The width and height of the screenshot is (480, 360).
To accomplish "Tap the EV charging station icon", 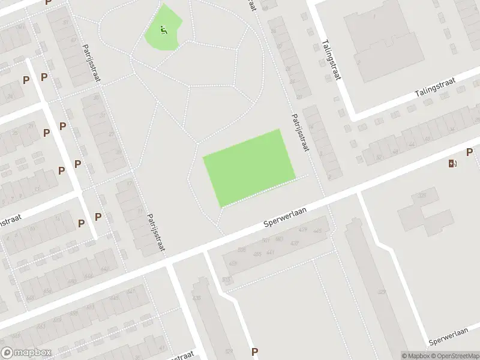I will click(x=452, y=163).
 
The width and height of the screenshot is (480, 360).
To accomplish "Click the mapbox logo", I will click(x=26, y=353).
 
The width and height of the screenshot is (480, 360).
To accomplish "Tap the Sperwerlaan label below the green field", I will click(x=285, y=217).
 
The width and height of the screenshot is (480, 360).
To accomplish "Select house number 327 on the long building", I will click(x=382, y=292).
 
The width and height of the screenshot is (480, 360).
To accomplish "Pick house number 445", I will click(x=317, y=231).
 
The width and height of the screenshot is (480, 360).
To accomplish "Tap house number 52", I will click(x=378, y=157).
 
